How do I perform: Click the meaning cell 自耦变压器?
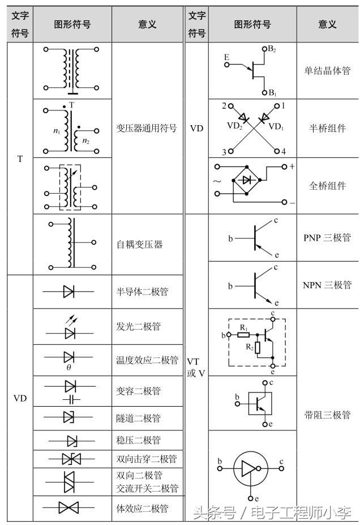[139, 245]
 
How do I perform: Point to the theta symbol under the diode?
[68, 368]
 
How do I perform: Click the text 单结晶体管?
[327, 71]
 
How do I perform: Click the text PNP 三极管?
[327, 237]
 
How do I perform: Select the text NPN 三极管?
[327, 285]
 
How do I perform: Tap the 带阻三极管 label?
[327, 415]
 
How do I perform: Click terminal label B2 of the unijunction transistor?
[272, 49]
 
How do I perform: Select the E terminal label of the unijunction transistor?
[226, 57]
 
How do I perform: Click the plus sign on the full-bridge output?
[292, 167]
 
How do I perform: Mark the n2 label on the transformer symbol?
[85, 141]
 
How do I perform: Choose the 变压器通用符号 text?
[146, 128]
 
